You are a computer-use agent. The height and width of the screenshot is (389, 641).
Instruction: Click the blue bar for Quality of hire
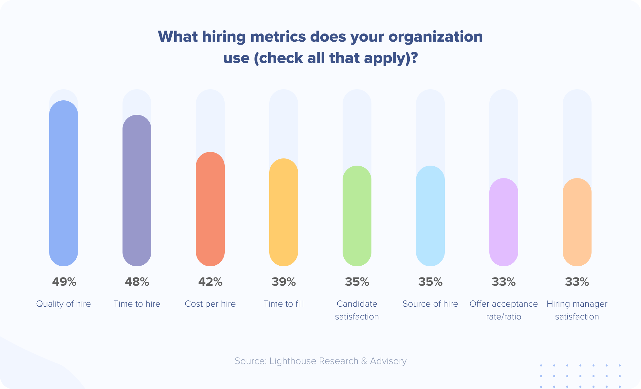pyautogui.click(x=64, y=183)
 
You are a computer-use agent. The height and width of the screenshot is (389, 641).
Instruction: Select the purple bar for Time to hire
pyautogui.click(x=137, y=191)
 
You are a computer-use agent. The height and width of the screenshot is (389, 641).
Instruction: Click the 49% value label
pyautogui.click(x=64, y=282)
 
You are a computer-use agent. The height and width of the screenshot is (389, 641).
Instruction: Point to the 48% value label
pyautogui.click(x=137, y=282)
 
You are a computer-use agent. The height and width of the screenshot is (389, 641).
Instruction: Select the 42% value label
pyautogui.click(x=210, y=282)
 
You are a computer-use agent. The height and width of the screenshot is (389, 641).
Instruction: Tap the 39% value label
pyautogui.click(x=284, y=282)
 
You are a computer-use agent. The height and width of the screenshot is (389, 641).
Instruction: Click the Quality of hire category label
pyautogui.click(x=64, y=304)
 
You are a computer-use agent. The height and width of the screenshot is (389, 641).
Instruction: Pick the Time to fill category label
pyautogui.click(x=284, y=304)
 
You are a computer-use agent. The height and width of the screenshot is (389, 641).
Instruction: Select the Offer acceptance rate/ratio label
pyautogui.click(x=504, y=310)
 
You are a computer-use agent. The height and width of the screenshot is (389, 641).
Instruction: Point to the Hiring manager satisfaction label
pyautogui.click(x=577, y=310)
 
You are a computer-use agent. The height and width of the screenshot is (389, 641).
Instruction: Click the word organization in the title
pyautogui.click(x=435, y=37)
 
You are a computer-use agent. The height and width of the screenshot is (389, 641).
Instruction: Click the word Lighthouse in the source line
pyautogui.click(x=293, y=361)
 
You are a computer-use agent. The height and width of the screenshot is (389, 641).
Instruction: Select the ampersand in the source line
pyautogui.click(x=364, y=361)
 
